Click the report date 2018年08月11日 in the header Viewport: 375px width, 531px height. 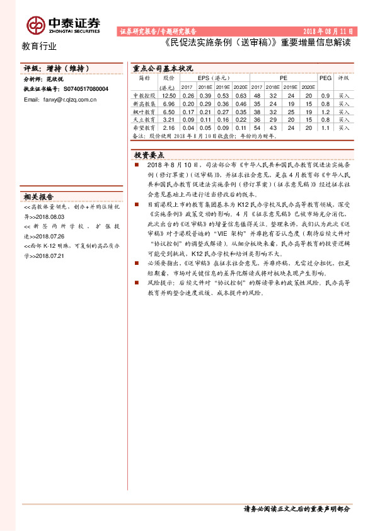tap(328, 31)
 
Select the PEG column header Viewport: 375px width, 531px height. tap(325, 78)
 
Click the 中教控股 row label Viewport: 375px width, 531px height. tap(143, 95)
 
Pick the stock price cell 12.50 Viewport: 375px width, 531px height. tap(168, 95)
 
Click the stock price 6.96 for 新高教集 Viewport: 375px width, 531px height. tap(168, 103)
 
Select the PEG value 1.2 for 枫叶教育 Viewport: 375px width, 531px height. tap(325, 111)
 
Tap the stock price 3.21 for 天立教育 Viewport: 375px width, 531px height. tap(168, 119)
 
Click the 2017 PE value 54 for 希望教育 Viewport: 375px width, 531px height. tap(257, 127)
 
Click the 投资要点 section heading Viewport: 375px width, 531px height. tap(149, 155)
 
